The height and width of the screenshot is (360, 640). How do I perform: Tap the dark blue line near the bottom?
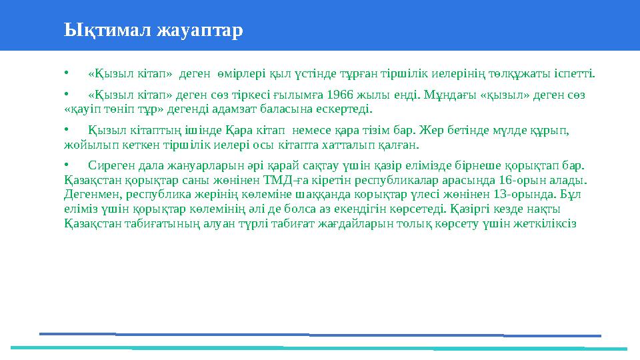click(x=320, y=335)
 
